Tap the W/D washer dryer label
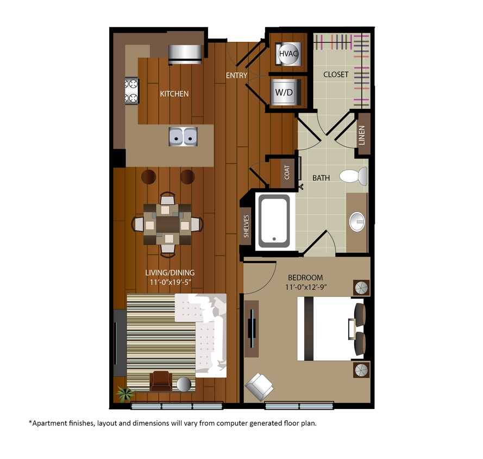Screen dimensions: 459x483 pyautogui.click(x=284, y=92)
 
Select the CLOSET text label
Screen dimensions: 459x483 pyautogui.click(x=336, y=75)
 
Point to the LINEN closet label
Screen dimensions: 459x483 pyautogui.click(x=362, y=135)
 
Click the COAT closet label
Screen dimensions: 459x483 pyautogui.click(x=287, y=172)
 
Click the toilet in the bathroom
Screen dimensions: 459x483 pyautogui.click(x=354, y=176)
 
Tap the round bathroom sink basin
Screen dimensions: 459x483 pyautogui.click(x=357, y=220)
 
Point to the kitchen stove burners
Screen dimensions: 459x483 pyautogui.click(x=131, y=91)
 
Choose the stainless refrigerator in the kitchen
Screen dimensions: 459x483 pyautogui.click(x=185, y=53)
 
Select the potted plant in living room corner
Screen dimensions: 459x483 pyautogui.click(x=124, y=393)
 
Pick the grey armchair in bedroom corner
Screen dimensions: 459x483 pyautogui.click(x=260, y=387)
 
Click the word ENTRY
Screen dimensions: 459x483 pyautogui.click(x=237, y=76)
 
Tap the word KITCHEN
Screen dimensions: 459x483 pyautogui.click(x=174, y=94)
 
